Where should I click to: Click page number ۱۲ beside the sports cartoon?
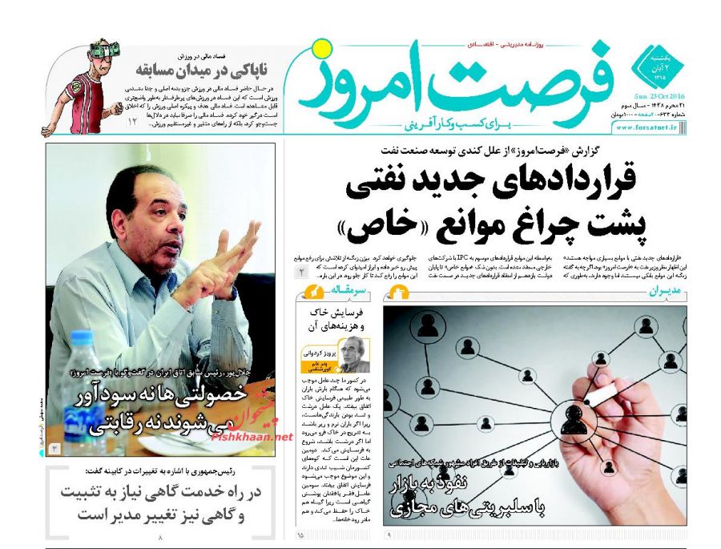coord(133,122)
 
